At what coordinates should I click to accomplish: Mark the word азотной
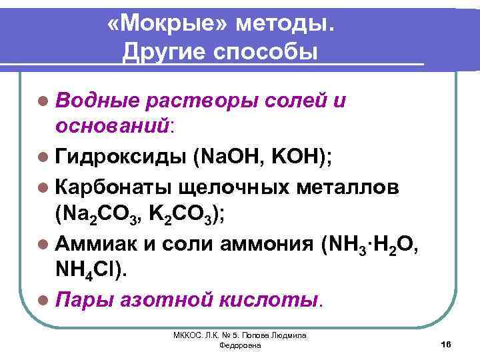[175, 300]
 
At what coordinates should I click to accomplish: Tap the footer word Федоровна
[239, 347]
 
